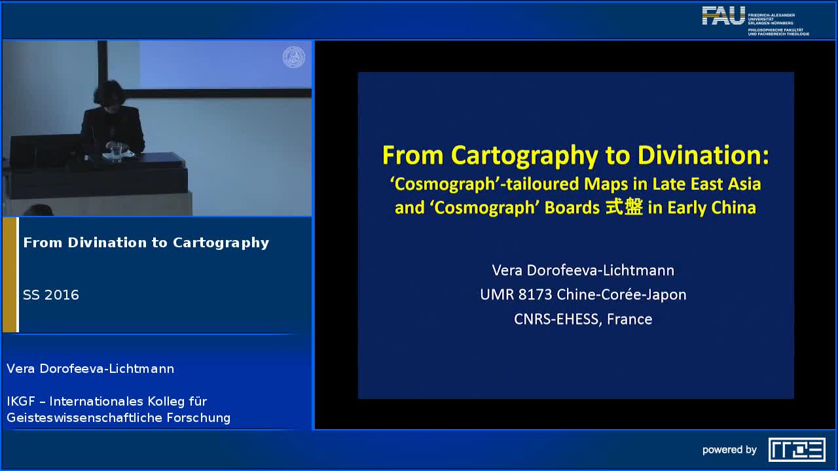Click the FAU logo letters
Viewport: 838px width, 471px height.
coord(723,16)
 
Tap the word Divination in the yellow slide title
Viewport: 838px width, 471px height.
coord(703,155)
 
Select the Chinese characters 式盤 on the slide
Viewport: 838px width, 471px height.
coord(624,207)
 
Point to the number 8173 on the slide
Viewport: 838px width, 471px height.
coord(535,294)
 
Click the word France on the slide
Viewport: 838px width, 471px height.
coord(630,319)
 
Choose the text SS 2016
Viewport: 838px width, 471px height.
coord(51,295)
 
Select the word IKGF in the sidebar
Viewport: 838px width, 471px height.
coord(21,401)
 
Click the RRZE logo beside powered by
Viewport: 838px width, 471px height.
coord(797,449)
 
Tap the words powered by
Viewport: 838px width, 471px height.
coord(729,450)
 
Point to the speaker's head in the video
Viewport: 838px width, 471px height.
coord(109,94)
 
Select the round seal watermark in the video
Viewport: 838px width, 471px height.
coord(294,57)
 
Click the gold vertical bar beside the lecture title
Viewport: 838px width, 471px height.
coord(9,275)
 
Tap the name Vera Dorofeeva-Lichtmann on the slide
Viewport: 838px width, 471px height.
coord(583,270)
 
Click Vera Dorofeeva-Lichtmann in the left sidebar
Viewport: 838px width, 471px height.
coord(90,368)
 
